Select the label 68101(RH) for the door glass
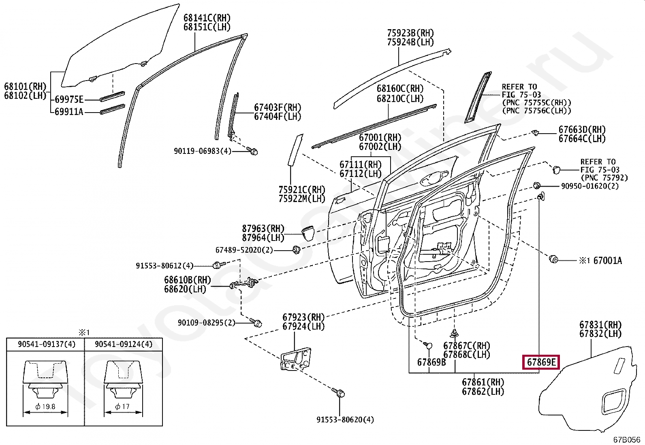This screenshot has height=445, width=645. tap(25, 87)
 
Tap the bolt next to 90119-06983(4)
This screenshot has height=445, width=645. tap(254, 151)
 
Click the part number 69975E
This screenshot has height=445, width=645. tap(69, 100)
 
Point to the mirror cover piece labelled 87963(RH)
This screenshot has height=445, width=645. tap(309, 234)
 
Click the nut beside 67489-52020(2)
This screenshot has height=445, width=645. tap(296, 250)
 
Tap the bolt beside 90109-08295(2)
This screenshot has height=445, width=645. tap(256, 323)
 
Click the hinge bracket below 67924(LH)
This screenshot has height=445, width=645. tap(296, 358)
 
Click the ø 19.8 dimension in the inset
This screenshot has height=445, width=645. tap(45, 407)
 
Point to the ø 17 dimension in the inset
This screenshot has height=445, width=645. tap(123, 407)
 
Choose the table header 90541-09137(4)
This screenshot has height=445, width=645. tap(47, 344)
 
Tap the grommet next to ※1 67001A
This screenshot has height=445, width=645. tap(553, 259)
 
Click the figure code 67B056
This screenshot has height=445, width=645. tap(626, 440)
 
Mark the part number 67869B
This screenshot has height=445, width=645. tap(431, 362)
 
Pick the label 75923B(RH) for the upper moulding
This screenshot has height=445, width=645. tap(410, 33)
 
